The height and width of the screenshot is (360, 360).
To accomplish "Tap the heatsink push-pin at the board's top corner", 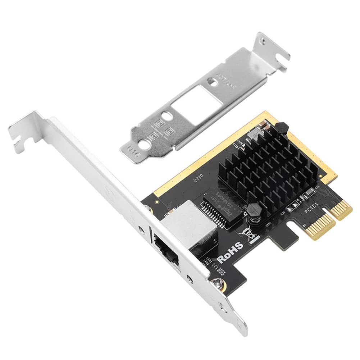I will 281,127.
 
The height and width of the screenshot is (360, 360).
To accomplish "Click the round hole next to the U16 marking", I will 146,145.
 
